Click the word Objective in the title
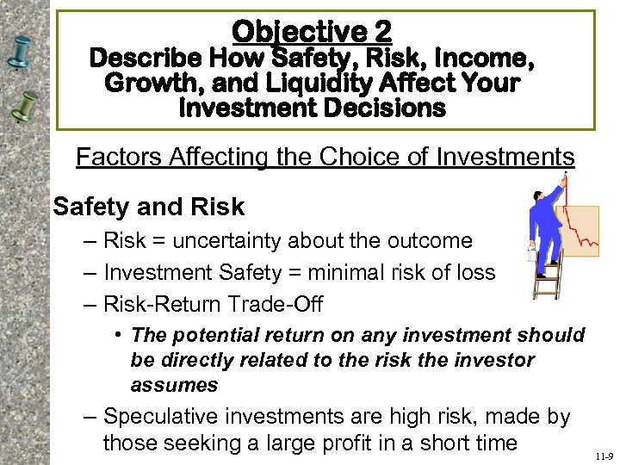pyautogui.click(x=293, y=33)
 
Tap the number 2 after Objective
pyautogui.click(x=382, y=33)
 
